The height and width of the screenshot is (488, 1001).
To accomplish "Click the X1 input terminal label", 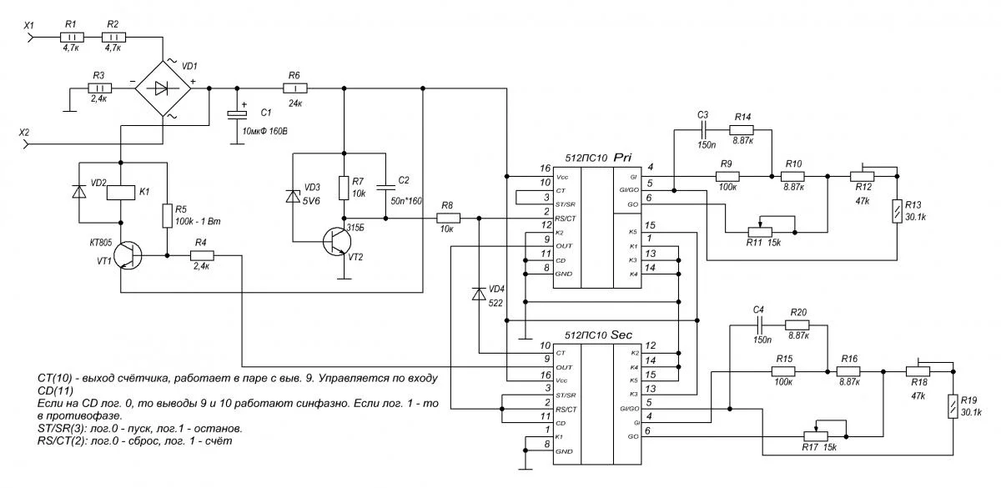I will pos(28,25).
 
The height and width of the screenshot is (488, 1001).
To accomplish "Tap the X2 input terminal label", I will pos(25,132).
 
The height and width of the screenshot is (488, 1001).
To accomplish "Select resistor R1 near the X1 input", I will pos(71,37).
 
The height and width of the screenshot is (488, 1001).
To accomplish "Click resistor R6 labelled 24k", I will pos(294,87).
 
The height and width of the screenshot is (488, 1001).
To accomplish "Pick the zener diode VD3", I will pos(292,197).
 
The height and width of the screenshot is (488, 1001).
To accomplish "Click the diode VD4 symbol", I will pos(479,294).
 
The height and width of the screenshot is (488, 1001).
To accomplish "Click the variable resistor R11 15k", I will pos(760,231).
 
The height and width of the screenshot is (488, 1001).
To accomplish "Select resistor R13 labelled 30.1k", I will pos(897,212).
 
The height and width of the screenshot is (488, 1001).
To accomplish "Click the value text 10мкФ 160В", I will pos(269,131).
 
